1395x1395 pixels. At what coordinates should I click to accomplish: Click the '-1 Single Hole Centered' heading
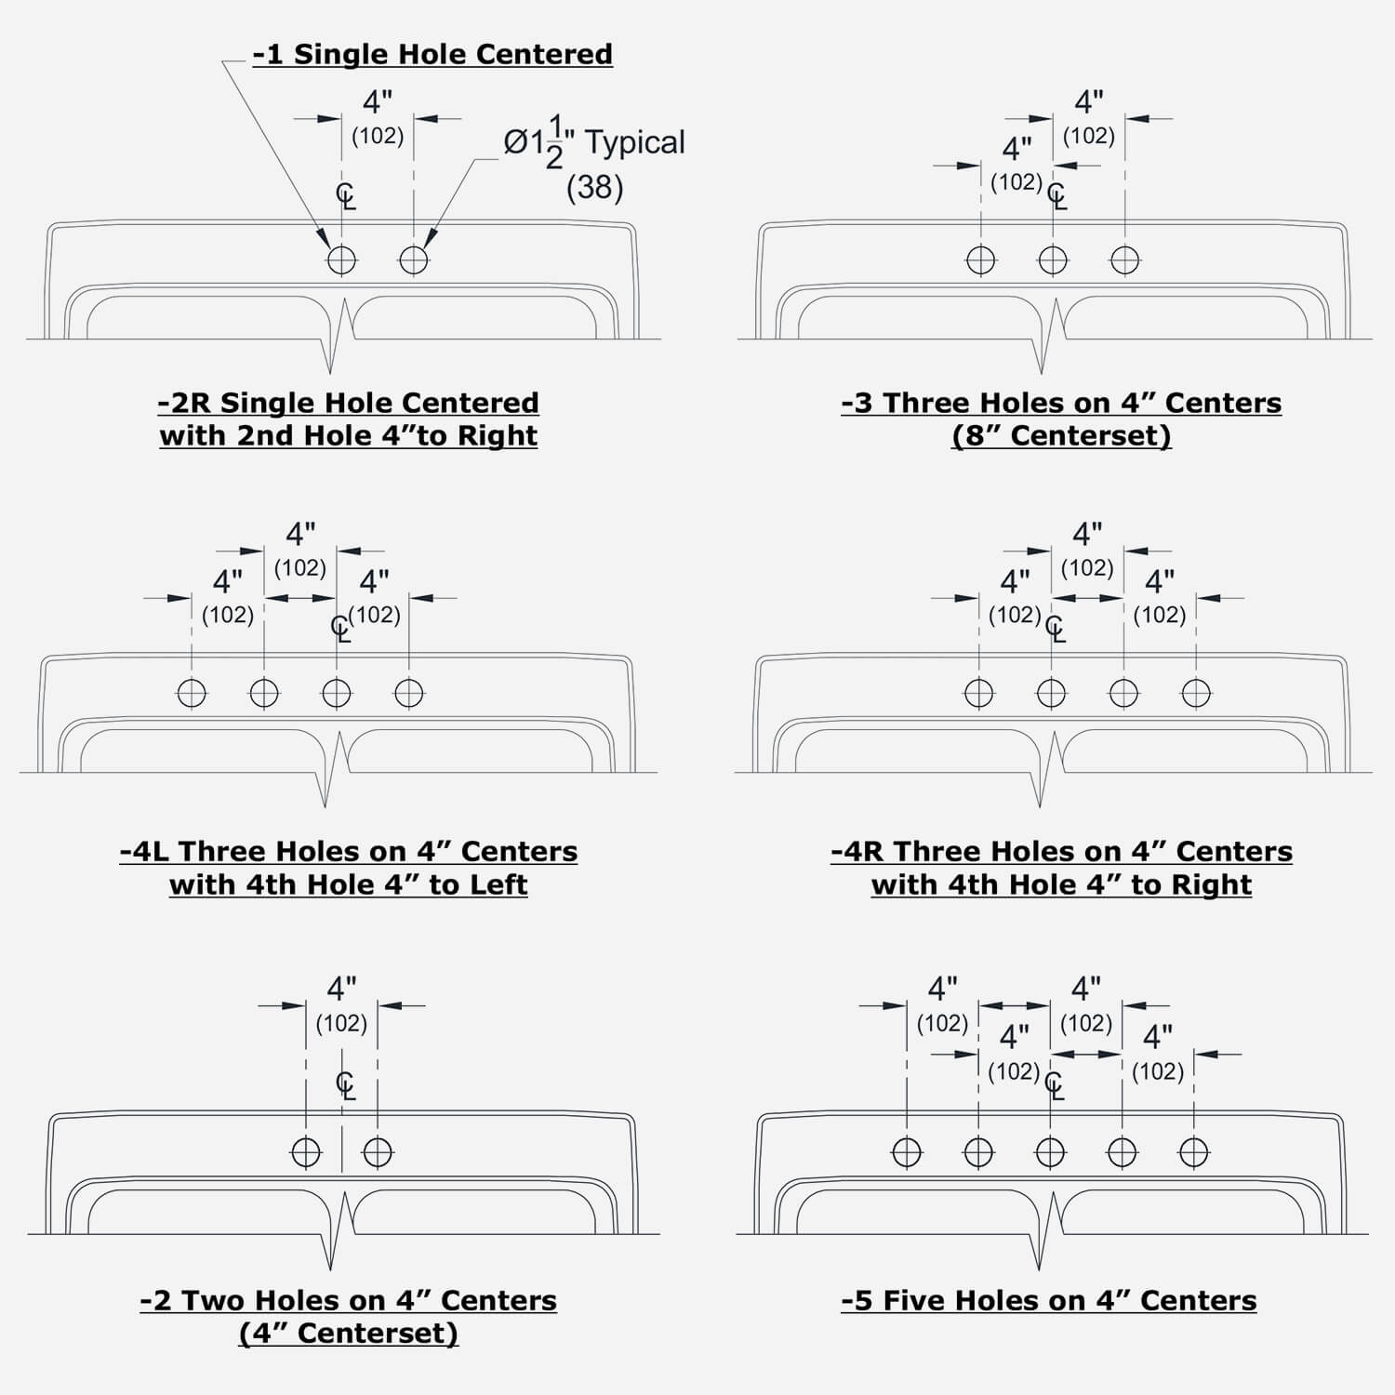[x=432, y=54]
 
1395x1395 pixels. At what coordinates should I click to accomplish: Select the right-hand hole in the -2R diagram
[x=414, y=259]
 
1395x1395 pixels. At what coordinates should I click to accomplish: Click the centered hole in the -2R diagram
[x=341, y=259]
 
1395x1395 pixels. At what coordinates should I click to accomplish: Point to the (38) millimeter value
[x=594, y=188]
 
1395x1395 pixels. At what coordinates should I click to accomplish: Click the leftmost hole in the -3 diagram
[x=981, y=260]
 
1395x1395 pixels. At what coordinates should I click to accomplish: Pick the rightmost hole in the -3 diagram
[x=1125, y=260]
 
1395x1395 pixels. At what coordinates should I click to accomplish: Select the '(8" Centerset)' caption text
[x=1061, y=435]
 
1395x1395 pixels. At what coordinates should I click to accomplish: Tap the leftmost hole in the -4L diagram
[x=192, y=693]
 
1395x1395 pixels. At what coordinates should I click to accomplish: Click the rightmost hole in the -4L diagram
[x=409, y=693]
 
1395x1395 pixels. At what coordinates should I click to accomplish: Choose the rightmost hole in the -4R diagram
[x=1196, y=693]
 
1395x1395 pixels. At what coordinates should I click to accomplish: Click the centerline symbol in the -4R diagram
[x=1055, y=630]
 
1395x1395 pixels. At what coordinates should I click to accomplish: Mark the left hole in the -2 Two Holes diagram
[x=306, y=1152]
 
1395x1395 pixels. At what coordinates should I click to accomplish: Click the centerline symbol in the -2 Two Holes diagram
[x=345, y=1085]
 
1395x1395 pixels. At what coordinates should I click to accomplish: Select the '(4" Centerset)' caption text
[x=349, y=1333]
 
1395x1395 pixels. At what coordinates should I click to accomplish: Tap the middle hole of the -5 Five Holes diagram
[x=1050, y=1152]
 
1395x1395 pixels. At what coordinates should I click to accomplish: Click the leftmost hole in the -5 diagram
[x=907, y=1152]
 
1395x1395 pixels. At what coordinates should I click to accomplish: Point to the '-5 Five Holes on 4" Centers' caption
[x=1049, y=1300]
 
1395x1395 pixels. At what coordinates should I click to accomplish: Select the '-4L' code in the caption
[x=146, y=852]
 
